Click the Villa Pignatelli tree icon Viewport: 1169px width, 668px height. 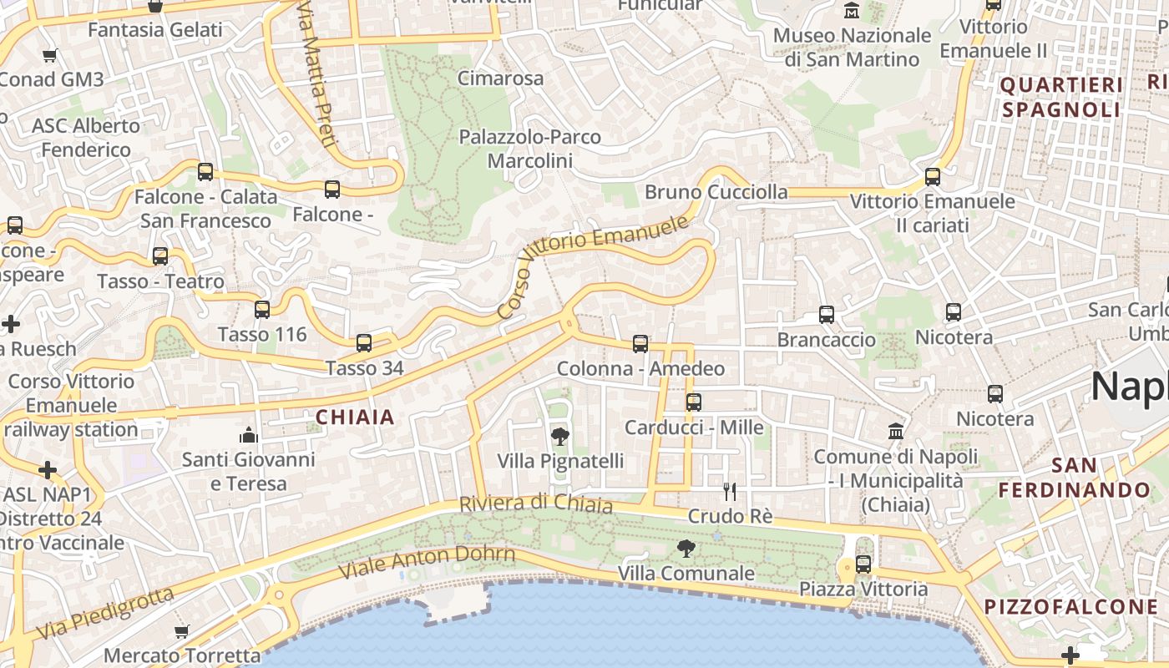coord(560,436)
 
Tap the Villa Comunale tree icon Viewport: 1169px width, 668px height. coord(686,549)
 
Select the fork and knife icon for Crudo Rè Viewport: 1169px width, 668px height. coord(730,491)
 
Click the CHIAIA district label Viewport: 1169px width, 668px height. coord(355,417)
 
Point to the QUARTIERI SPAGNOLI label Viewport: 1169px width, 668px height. coord(1061,97)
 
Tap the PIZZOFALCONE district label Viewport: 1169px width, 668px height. coord(1072,607)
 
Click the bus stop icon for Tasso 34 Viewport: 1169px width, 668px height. coord(364,342)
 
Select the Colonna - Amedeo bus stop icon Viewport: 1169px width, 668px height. coord(640,343)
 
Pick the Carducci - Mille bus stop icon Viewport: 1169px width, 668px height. coord(694,402)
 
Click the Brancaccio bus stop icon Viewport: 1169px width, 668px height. coord(827,315)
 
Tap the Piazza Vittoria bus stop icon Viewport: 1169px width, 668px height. coord(863,564)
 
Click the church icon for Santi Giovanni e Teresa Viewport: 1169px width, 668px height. coord(249,434)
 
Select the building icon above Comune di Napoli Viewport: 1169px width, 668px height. coord(896,432)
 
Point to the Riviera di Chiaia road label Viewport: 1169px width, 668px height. coord(536,504)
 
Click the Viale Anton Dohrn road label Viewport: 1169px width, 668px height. coord(426,562)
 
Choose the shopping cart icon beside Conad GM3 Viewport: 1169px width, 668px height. coord(50,55)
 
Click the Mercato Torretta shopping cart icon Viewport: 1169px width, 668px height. coord(182,631)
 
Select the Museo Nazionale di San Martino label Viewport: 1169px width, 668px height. coord(852,48)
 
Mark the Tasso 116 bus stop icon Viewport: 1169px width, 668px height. coord(262,310)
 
